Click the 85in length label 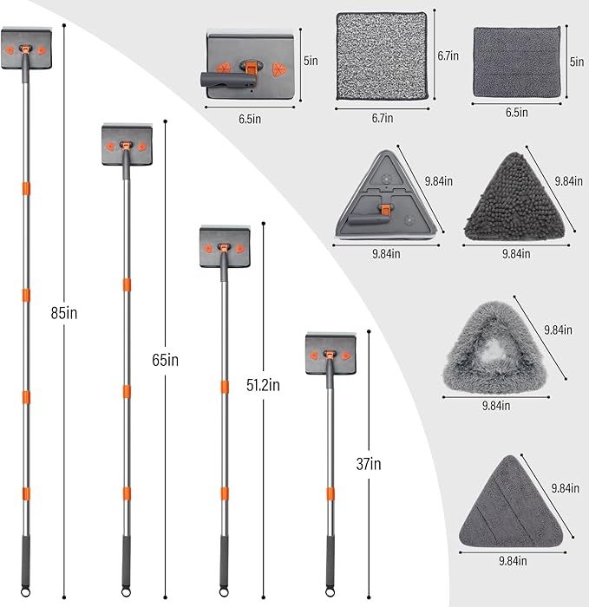[64, 313]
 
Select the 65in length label [166, 360]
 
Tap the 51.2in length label [263, 385]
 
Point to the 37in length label [369, 464]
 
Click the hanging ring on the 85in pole [25, 592]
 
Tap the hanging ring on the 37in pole [330, 592]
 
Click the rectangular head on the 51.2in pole [225, 246]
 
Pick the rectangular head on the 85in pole [26, 48]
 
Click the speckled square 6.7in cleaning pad [383, 56]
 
